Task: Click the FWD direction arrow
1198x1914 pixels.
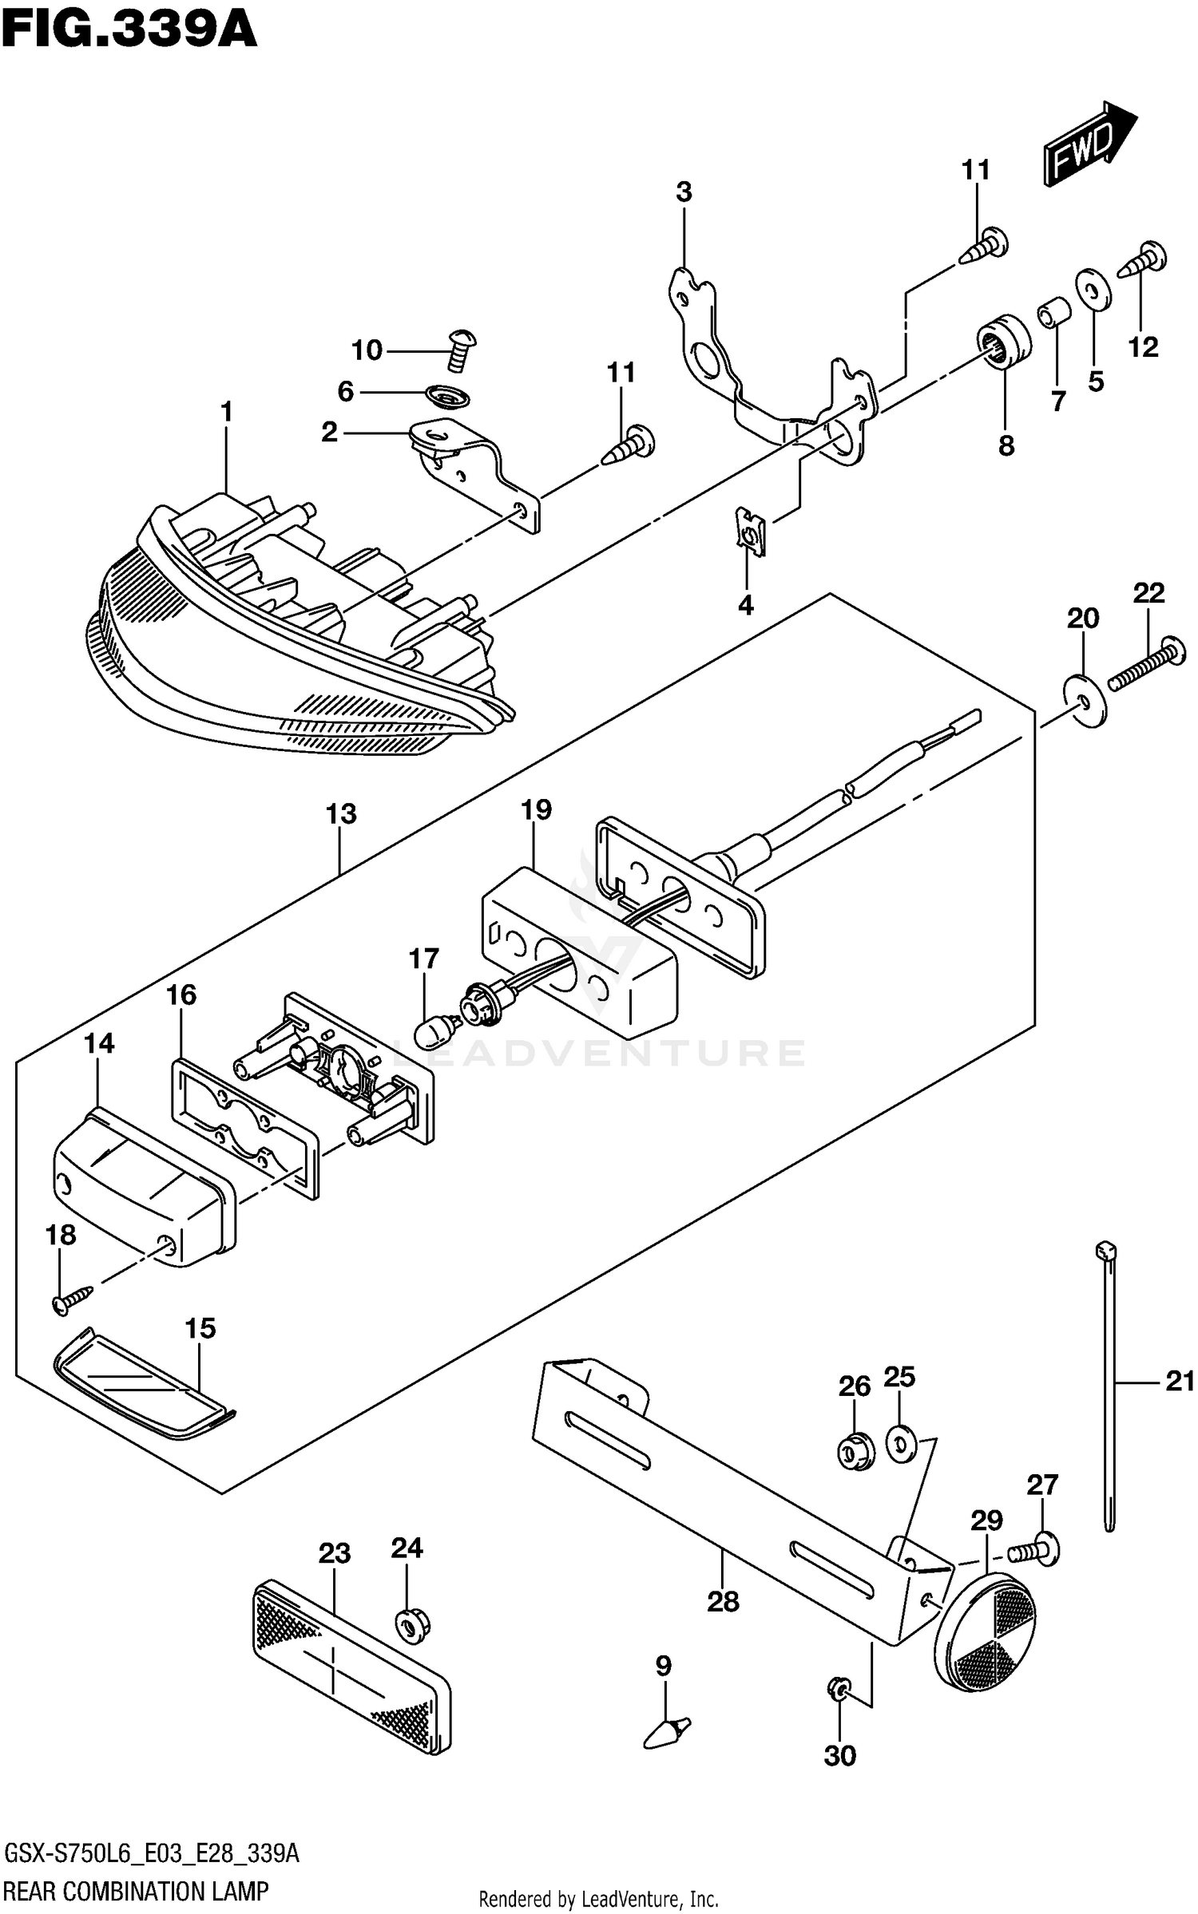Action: (x=1088, y=144)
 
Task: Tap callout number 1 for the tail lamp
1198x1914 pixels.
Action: (x=227, y=413)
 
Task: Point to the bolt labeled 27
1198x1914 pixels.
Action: (x=1035, y=1549)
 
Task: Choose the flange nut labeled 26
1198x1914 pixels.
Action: (x=855, y=1453)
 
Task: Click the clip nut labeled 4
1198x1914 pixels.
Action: (x=750, y=532)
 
